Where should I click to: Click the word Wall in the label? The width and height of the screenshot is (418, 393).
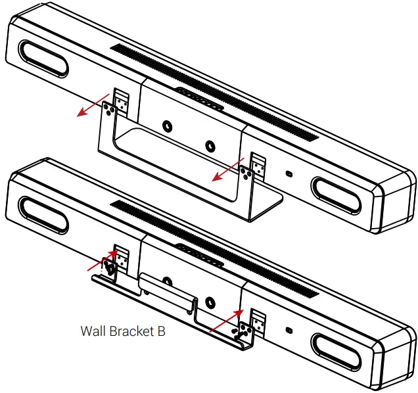(92, 331)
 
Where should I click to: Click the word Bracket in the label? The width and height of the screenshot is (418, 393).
(131, 331)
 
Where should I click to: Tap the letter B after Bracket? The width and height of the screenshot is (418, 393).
(162, 331)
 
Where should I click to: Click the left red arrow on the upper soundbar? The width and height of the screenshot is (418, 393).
(92, 104)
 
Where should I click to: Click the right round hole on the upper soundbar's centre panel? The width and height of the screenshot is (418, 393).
(209, 145)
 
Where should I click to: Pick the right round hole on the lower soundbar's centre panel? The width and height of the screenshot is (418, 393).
(209, 302)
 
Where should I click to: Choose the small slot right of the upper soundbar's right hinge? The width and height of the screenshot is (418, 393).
(289, 173)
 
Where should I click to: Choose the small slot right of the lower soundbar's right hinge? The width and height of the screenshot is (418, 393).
(289, 330)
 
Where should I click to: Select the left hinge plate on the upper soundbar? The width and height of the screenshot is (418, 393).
(120, 102)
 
